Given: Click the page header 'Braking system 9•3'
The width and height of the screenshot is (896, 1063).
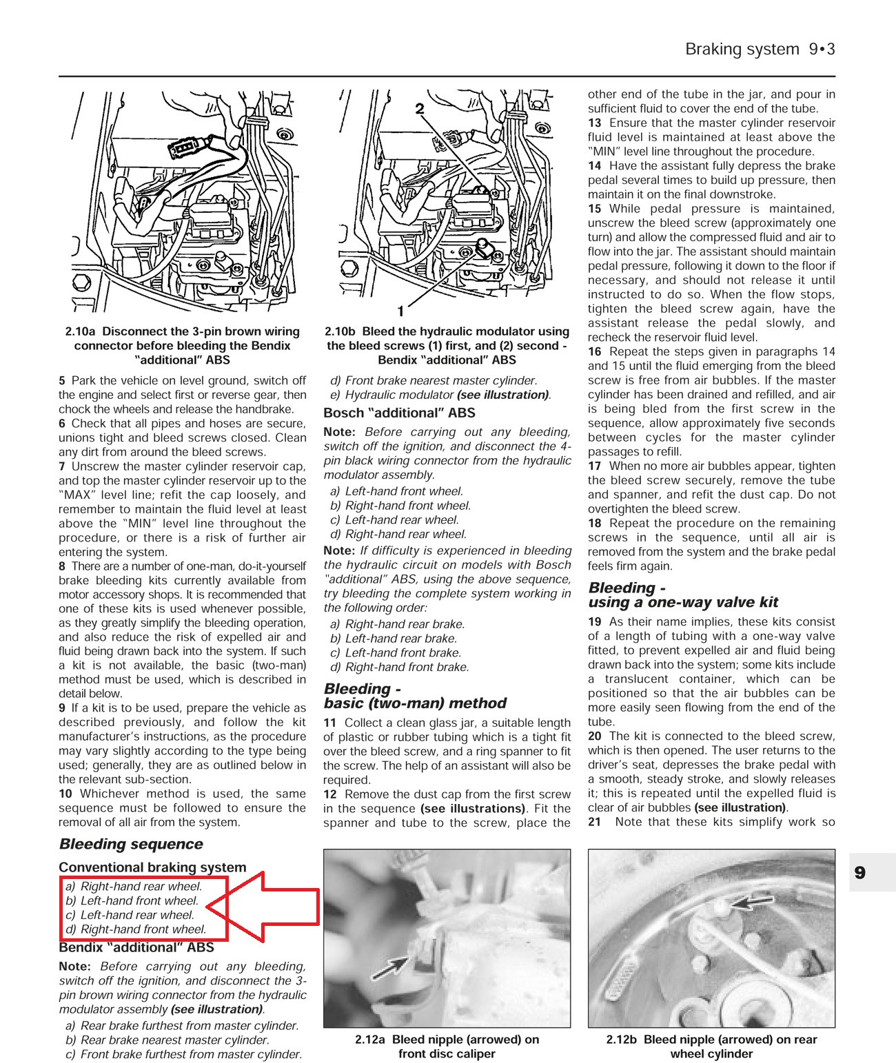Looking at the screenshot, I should coord(760,50).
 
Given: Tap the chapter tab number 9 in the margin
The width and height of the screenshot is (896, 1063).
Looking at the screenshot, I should coord(859,873).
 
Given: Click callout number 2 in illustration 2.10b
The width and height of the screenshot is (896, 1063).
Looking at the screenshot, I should coord(419,108).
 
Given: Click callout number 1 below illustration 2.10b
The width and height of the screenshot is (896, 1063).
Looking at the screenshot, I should coord(400,311).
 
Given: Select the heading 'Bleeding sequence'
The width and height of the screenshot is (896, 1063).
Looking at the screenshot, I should coord(131,844).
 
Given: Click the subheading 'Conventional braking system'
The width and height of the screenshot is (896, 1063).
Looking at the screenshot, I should coord(152,867).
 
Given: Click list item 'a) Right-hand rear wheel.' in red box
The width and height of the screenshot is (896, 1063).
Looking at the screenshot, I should coord(134,887).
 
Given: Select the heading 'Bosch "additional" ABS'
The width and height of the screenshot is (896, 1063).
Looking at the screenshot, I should coord(399,413).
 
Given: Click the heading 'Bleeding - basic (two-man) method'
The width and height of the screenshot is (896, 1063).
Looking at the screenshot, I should coord(415,696).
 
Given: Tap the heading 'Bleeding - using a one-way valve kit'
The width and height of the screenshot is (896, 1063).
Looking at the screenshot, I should coord(682,595).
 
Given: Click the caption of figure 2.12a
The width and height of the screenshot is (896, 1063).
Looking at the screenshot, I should coord(447,1046).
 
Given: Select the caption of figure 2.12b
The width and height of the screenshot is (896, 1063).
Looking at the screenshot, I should coord(711,1046).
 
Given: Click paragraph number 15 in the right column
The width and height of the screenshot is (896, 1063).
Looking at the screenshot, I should coord(594,209).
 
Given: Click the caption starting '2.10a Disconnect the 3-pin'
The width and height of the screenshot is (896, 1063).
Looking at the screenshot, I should coord(183,345).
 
